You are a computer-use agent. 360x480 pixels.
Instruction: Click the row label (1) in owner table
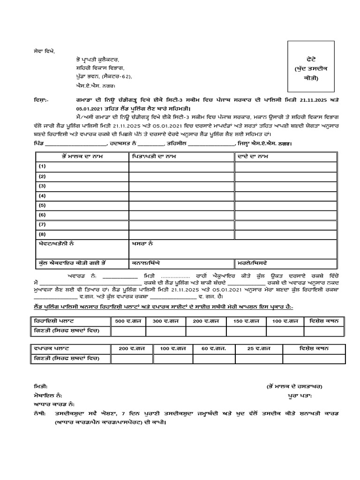click(43, 166)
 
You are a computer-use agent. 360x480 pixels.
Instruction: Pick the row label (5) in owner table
click(43, 205)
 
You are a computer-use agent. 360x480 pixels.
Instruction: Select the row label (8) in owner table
click(43, 234)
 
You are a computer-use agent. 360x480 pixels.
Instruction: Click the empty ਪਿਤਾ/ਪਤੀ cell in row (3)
click(181, 186)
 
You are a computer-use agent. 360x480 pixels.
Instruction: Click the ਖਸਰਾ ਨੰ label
click(141, 244)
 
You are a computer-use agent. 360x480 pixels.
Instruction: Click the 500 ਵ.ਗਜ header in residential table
click(127, 322)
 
